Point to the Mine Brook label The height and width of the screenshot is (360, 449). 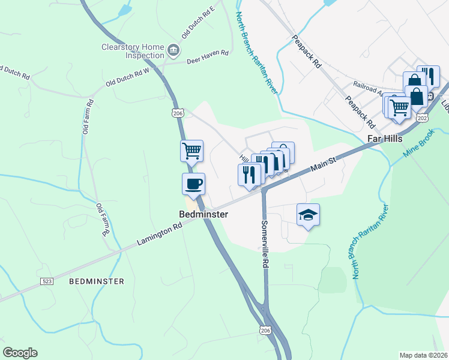(x=418, y=145)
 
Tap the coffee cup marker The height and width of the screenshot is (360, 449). (x=193, y=184)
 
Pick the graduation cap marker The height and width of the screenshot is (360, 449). (x=308, y=214)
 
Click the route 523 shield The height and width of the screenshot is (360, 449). (x=46, y=281)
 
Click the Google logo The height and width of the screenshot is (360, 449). (x=20, y=353)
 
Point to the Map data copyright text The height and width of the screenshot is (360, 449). (x=424, y=355)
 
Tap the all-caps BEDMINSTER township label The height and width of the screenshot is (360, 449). (x=97, y=281)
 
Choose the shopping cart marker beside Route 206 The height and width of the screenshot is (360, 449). (x=192, y=151)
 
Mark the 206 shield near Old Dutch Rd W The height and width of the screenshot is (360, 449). (x=178, y=113)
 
